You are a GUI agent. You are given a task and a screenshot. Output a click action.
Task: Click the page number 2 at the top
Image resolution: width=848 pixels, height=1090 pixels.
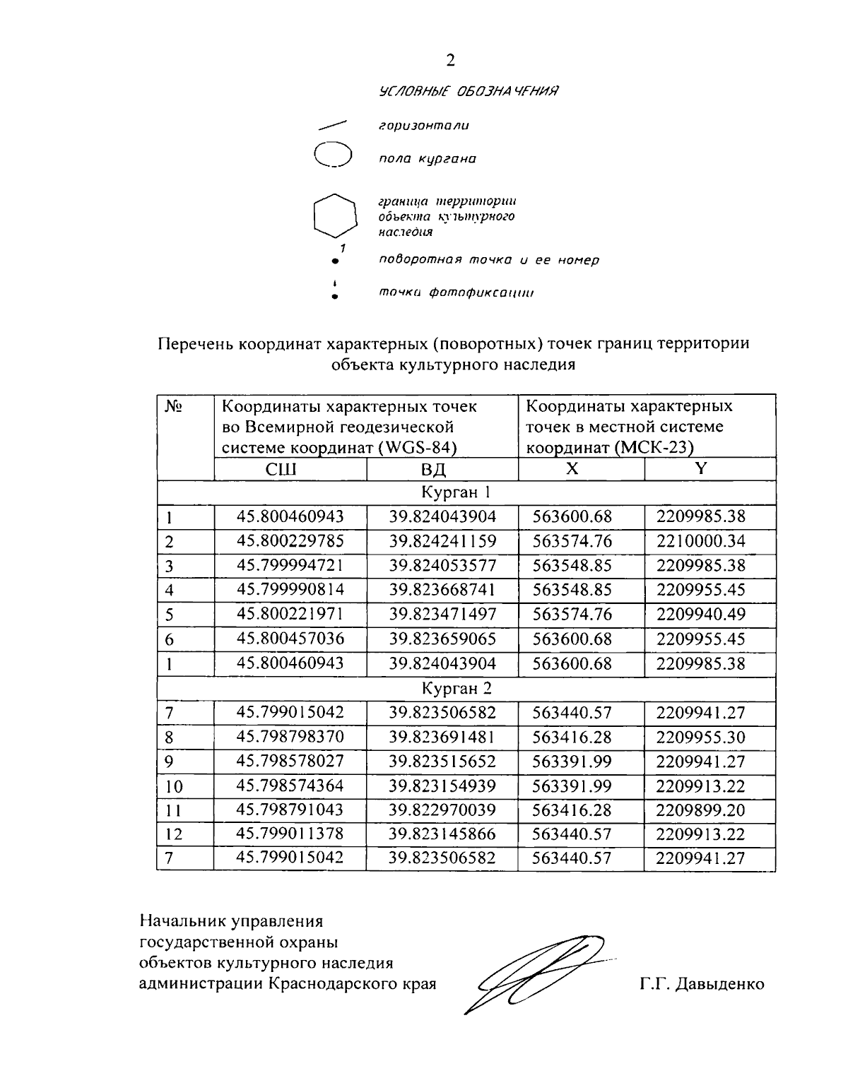click(451, 61)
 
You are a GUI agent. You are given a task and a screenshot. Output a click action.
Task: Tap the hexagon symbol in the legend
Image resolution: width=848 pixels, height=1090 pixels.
click(334, 215)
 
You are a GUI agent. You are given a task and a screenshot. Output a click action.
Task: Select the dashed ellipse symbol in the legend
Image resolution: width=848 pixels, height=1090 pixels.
click(333, 155)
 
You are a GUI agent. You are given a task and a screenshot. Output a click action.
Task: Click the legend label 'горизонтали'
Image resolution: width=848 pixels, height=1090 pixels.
click(424, 126)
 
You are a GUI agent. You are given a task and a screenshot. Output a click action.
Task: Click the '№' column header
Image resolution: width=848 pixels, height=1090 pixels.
click(174, 408)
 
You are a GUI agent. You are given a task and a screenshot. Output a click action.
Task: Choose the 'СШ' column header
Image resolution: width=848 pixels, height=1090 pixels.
click(290, 470)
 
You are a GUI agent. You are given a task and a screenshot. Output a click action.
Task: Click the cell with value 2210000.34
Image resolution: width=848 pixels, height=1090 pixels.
click(700, 541)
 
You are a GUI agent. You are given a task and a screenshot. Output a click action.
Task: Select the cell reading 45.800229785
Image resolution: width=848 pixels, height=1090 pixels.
click(290, 541)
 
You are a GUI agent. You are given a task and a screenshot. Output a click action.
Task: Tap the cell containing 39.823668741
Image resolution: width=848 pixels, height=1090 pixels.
click(442, 589)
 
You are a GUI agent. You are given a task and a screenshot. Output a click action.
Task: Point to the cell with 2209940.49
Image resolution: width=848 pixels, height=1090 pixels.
click(700, 614)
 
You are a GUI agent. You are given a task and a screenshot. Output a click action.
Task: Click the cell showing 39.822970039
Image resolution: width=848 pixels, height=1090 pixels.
click(442, 810)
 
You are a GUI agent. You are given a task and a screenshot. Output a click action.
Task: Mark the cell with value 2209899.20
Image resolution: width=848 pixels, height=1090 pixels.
click(700, 810)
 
